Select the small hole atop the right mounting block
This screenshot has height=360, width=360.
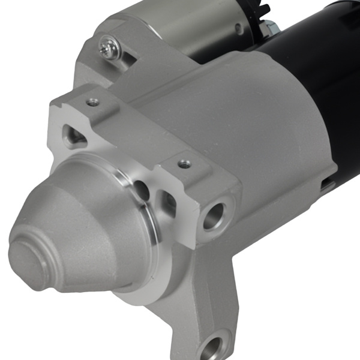coord(184,163)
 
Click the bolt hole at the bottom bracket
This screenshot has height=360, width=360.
coord(212,347)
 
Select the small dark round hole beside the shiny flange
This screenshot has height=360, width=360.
coord(142,191)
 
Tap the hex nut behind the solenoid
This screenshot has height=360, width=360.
coord(268,27)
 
